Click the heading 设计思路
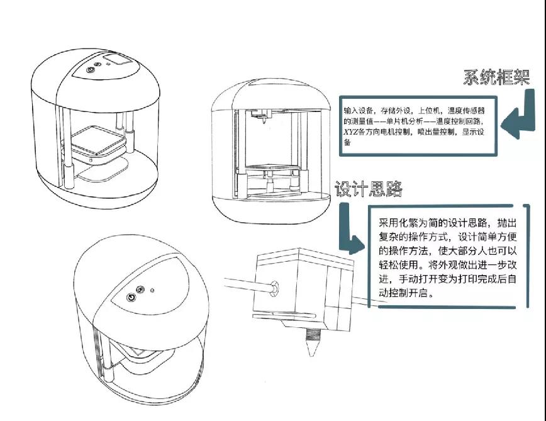click(369, 189)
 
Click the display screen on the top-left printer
click(114, 60)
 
